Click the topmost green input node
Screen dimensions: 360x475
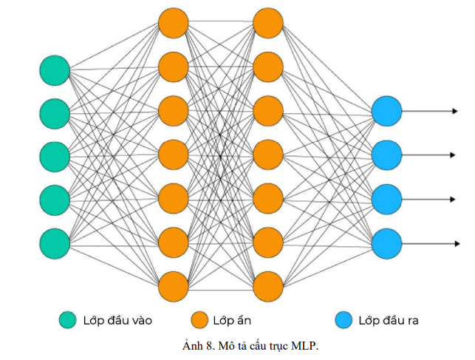55,71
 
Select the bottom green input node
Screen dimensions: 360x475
55,242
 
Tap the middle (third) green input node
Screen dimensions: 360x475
55,157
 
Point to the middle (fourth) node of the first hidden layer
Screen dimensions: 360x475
174,154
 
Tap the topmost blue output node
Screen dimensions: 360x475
387,112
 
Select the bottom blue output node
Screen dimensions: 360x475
387,242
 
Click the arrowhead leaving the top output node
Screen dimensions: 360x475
454,112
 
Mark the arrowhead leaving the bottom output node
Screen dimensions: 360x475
454,242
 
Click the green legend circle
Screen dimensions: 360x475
69,320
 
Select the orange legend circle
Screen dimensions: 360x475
198,320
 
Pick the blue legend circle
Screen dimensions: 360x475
343,320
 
